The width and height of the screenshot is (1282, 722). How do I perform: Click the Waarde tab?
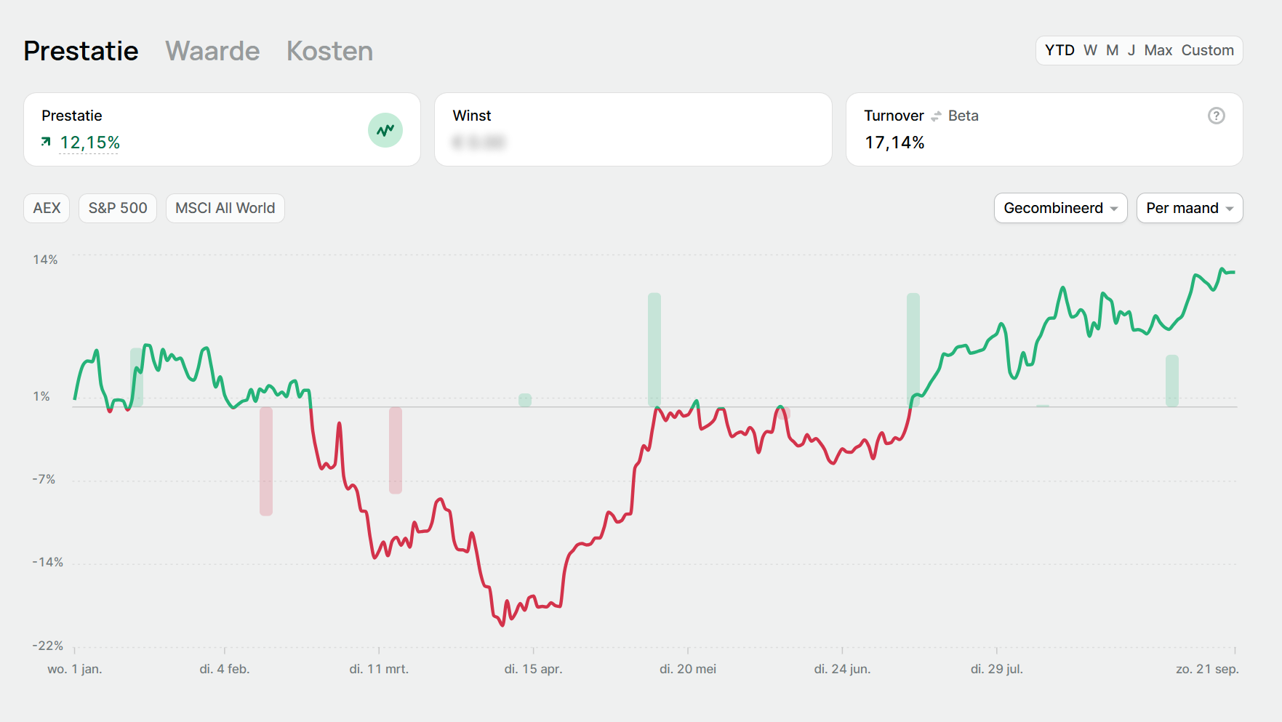tap(212, 51)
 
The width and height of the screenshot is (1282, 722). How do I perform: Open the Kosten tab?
tap(329, 51)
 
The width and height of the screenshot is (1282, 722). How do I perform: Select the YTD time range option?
tap(1059, 50)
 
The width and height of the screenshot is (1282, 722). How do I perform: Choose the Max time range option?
tap(1158, 50)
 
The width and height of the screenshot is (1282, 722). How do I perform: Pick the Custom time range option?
tap(1207, 50)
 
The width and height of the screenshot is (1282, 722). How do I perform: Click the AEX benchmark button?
tap(47, 208)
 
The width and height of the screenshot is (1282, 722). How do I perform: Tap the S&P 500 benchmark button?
tap(118, 208)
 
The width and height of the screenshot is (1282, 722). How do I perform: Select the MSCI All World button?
tap(225, 208)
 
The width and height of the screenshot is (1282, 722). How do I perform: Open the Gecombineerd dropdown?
tap(1060, 208)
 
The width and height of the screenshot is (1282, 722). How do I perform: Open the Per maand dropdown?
tap(1189, 208)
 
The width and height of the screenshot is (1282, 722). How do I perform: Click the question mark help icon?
tap(1216, 116)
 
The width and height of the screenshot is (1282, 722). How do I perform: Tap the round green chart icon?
tap(385, 130)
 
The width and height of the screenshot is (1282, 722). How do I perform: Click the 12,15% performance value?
tap(89, 143)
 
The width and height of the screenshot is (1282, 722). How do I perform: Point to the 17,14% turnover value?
tap(894, 143)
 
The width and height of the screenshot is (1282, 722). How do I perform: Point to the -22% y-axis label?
tap(48, 646)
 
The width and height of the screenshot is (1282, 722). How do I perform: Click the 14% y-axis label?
tap(45, 260)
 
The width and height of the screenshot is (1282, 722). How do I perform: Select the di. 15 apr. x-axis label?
tap(533, 669)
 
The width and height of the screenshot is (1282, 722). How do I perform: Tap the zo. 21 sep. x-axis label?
tap(1207, 669)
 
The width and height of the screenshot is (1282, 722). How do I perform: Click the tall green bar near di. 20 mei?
tap(654, 349)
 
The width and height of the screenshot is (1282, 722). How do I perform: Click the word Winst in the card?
tap(472, 116)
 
